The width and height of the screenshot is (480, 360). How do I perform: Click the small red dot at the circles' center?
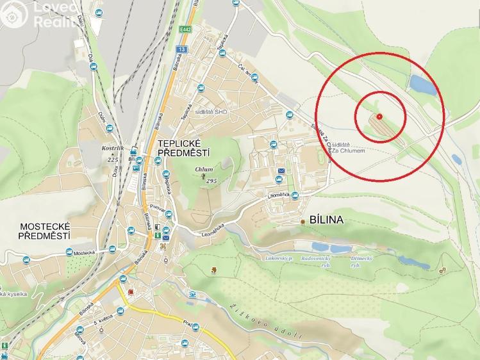tap(380, 116)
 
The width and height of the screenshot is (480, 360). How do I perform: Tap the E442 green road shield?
tap(186, 29)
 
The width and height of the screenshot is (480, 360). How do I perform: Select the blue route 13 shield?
tap(183, 49)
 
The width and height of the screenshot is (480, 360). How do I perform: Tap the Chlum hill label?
tap(203, 169)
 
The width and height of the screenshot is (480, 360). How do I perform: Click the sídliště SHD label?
tap(211, 111)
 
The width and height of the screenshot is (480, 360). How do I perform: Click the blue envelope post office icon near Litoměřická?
tap(281, 170)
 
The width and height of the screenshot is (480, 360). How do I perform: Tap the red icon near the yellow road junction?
tap(131, 292)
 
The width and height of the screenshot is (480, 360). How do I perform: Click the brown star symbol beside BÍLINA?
tap(302, 221)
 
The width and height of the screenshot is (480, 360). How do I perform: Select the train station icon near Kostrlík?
tap(133, 153)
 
